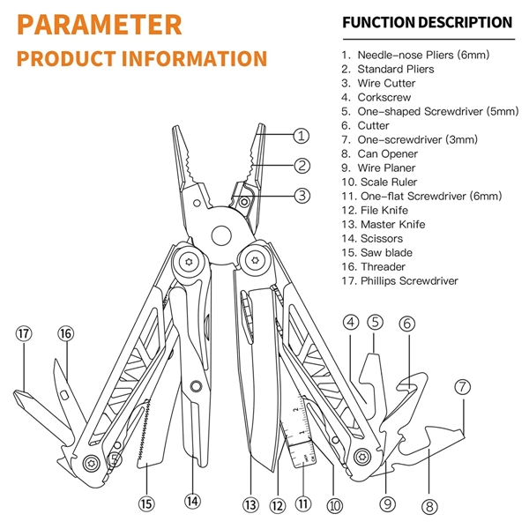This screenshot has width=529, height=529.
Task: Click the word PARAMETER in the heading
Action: (x=99, y=24)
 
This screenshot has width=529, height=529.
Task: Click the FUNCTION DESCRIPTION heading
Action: (x=427, y=22)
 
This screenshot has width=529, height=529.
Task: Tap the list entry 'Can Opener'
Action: (x=388, y=153)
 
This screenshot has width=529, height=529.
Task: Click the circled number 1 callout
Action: (x=302, y=136)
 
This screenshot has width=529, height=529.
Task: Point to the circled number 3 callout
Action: (x=302, y=195)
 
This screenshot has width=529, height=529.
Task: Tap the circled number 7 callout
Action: (x=464, y=386)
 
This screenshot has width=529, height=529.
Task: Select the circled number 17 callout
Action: (x=23, y=333)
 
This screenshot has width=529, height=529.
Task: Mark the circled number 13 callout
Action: (x=250, y=505)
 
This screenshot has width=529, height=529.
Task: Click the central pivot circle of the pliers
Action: (x=221, y=236)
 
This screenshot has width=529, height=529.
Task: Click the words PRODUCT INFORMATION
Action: (x=141, y=60)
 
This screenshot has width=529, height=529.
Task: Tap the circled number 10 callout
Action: (x=333, y=505)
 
